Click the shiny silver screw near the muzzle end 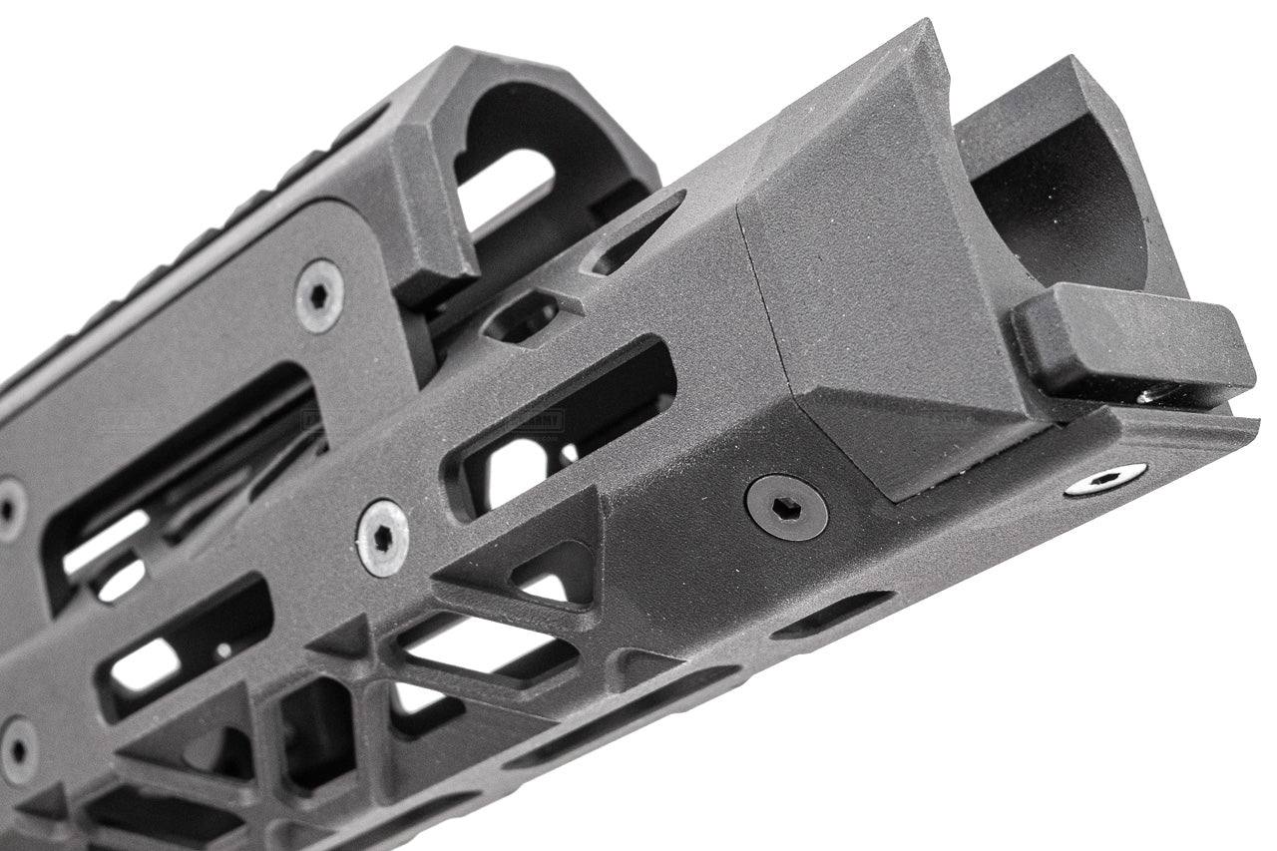(x=1104, y=480)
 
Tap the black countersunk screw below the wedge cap (x=786, y=507)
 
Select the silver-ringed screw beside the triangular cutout (x=383, y=537)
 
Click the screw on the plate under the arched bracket (x=319, y=295)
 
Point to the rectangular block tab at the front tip (x=1133, y=343)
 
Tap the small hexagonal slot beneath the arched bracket (x=519, y=317)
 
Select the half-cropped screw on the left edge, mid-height (x=10, y=507)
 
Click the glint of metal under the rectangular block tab (x=1157, y=396)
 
